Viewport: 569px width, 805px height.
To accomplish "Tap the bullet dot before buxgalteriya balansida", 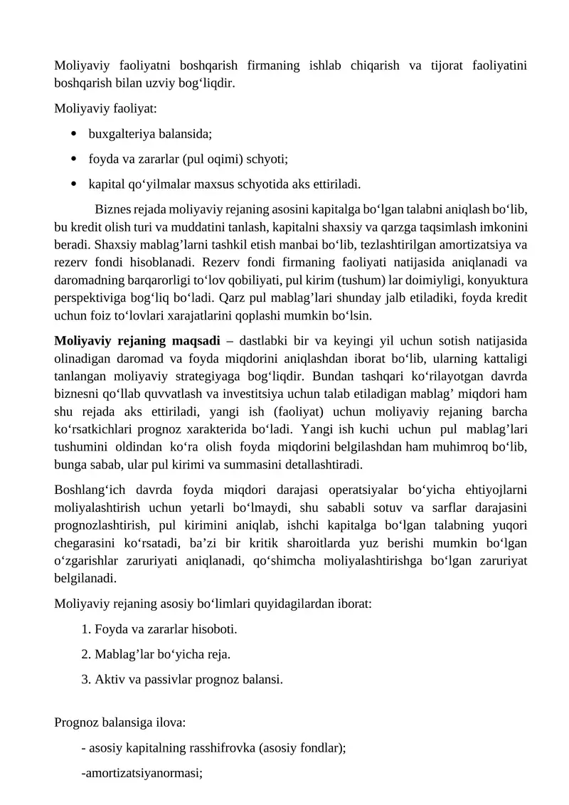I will pyautogui.click(x=74, y=133).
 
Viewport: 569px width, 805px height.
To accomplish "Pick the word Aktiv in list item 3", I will pyautogui.click(x=108, y=679).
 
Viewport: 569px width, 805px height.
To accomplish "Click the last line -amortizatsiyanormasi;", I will pyautogui.click(x=142, y=773).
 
